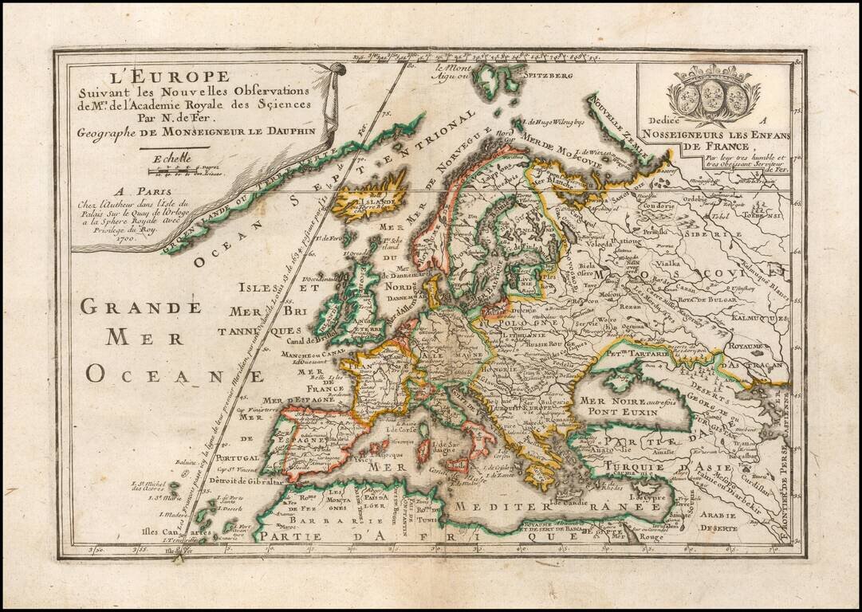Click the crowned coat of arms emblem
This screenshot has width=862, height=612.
pyautogui.click(x=709, y=94)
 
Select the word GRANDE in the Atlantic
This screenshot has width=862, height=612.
pyautogui.click(x=140, y=306)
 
